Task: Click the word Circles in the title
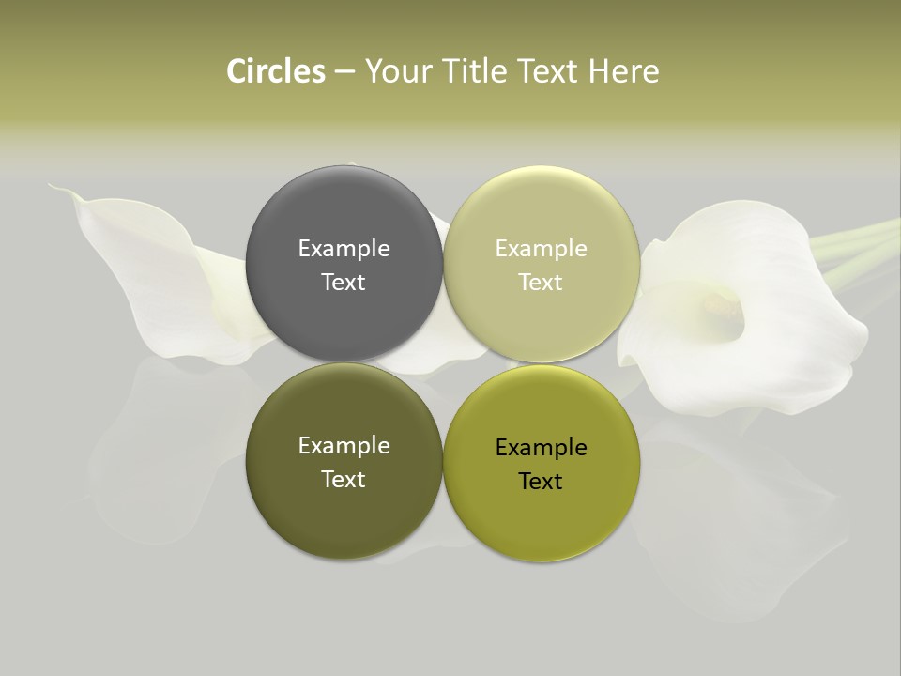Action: pos(276,71)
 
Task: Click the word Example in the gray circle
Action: pos(344,249)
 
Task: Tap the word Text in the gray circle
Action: pos(344,283)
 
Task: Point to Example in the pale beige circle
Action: pos(541,249)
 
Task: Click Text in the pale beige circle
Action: pos(541,283)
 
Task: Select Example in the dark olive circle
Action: pos(344,446)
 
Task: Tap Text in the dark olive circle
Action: pos(344,480)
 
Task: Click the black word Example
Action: pos(541,448)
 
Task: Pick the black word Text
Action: pos(541,482)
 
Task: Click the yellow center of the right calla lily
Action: pos(721,303)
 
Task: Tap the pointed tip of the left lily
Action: pos(54,188)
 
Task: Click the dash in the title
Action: pos(344,72)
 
